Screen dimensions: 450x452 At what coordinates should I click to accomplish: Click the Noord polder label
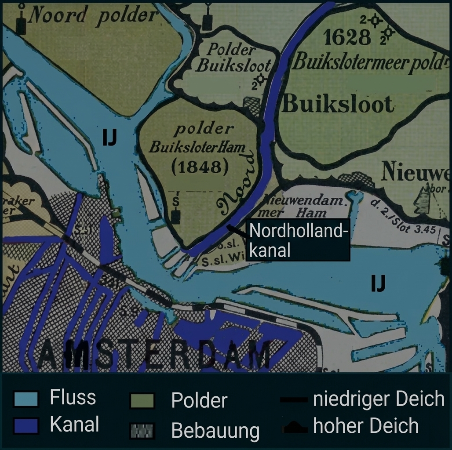pos(93,16)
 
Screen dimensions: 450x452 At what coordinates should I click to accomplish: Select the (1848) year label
pos(197,167)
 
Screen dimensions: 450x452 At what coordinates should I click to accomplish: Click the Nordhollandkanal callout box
pos(298,240)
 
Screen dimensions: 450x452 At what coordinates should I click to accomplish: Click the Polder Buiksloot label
pos(233,58)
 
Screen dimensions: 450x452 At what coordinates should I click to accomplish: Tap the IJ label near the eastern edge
pos(378,283)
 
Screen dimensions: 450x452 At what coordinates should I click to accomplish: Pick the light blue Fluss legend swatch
pos(26,399)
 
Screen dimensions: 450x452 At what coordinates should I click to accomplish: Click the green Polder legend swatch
pos(142,400)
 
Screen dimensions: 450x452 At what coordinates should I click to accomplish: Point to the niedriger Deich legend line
pos(294,399)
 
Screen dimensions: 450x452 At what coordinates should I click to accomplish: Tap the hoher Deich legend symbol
pos(294,426)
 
